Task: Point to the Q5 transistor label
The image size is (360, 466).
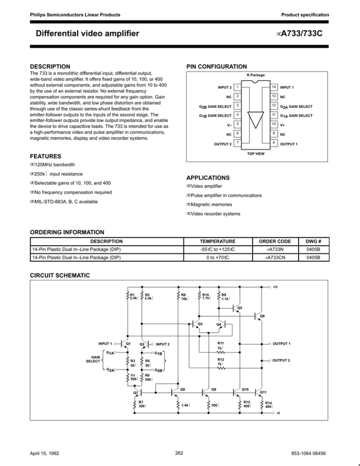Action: pyautogui.click(x=240, y=308)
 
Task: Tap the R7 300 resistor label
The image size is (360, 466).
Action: pyautogui.click(x=141, y=404)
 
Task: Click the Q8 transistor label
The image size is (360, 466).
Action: pyautogui.click(x=182, y=389)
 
